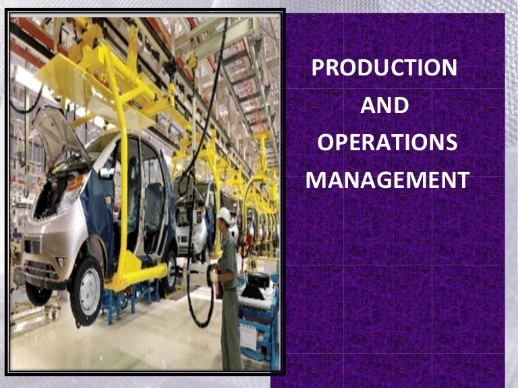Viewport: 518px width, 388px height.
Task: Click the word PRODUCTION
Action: pos(384,68)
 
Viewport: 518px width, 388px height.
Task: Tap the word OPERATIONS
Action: pos(387,143)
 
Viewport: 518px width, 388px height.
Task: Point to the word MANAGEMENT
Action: pos(387,181)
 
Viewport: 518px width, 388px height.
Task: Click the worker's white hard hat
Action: pos(225,214)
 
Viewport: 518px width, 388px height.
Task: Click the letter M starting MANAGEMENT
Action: pos(316,181)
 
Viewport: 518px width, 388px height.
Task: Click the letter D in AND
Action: pos(401,106)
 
